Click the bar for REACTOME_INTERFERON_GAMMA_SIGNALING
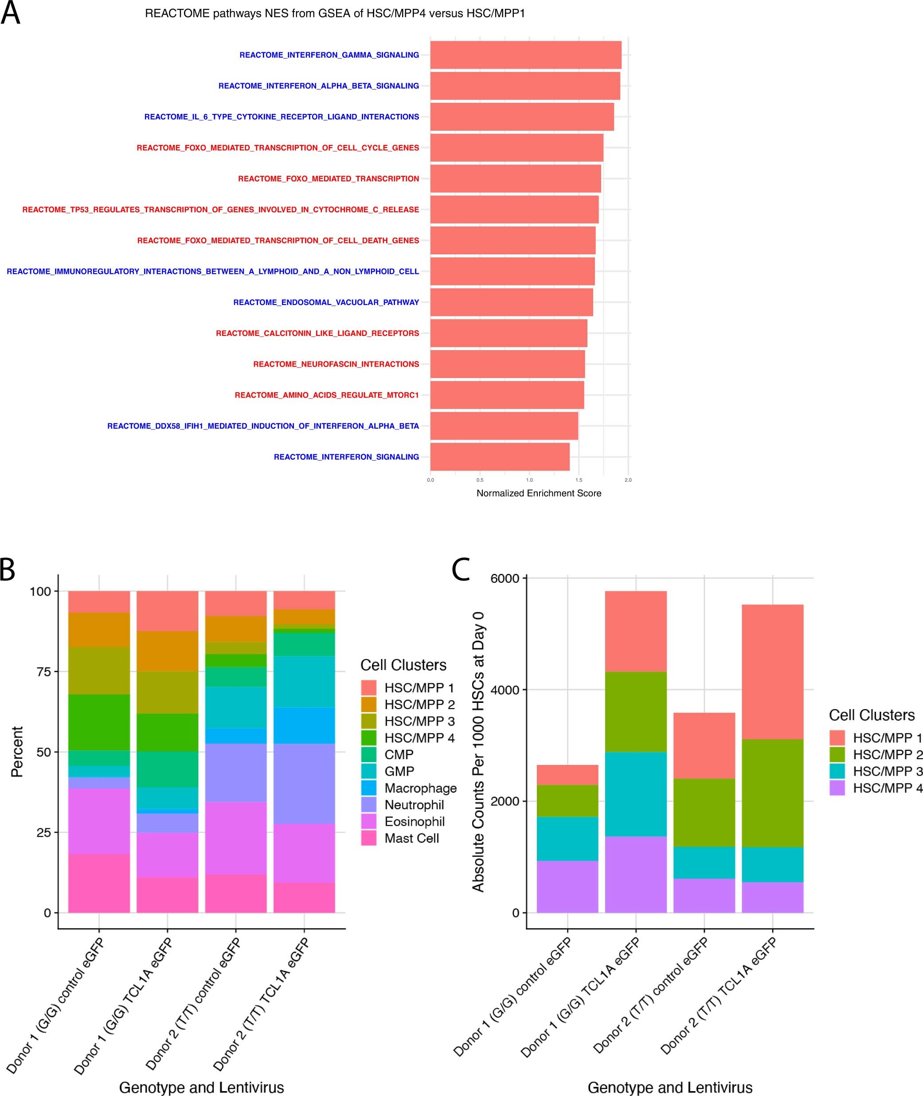[525, 55]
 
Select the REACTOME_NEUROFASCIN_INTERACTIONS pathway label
[336, 364]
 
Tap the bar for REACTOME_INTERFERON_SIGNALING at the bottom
[500, 457]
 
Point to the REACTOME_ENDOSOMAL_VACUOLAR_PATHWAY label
[326, 302]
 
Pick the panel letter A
[11, 14]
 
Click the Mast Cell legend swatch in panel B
[368, 838]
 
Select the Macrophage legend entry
[420, 788]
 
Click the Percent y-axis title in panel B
[17, 752]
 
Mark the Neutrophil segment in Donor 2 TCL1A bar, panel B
[304, 784]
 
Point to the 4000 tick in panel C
[505, 690]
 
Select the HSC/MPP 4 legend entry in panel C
[887, 788]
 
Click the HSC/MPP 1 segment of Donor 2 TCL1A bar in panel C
[772, 672]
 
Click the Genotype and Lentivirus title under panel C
[670, 1088]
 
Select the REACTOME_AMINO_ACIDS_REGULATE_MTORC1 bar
[507, 395]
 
